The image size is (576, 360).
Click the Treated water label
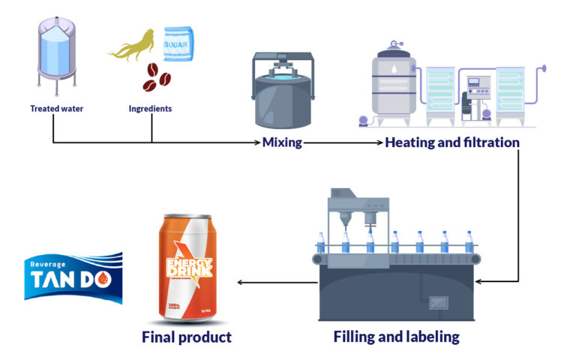coord(56,109)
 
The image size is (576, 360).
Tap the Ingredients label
coord(150,109)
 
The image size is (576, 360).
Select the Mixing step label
coord(281,142)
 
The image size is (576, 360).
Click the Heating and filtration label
coord(451,142)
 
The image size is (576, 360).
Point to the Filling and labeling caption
coord(396,337)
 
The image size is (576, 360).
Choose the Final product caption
coord(187,337)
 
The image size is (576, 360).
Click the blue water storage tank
coord(56,56)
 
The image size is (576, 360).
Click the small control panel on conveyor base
coord(438,303)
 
